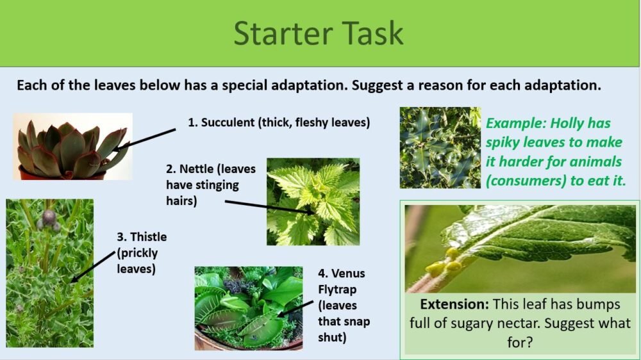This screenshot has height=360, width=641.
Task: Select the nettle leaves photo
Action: pyautogui.click(x=313, y=201)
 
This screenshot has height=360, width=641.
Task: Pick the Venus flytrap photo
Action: pyautogui.click(x=248, y=308)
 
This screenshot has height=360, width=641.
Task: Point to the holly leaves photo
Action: pyautogui.click(x=440, y=147)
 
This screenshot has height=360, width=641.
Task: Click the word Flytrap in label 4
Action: pyautogui.click(x=337, y=289)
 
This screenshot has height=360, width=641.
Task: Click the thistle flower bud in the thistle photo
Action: pyautogui.click(x=49, y=217)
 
